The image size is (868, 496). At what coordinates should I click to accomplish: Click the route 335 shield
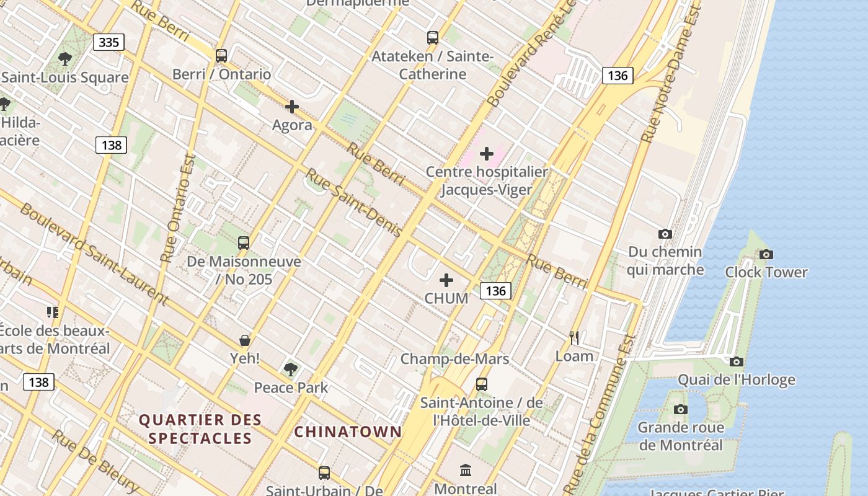point(109,42)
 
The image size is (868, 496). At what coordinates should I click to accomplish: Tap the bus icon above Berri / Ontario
point(221,56)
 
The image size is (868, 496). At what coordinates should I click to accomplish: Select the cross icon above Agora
point(292,107)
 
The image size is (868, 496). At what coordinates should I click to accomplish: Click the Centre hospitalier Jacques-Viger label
point(487,180)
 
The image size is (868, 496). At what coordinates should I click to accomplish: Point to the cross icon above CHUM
point(446,280)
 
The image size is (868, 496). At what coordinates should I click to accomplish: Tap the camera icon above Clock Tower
point(766,254)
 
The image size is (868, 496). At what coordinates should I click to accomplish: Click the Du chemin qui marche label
point(665,260)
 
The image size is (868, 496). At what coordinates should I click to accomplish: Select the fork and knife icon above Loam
point(574,338)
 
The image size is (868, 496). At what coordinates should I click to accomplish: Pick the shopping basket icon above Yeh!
point(245,340)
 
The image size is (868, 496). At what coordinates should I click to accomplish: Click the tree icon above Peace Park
point(290,370)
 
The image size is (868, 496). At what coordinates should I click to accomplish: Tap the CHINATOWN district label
point(348,432)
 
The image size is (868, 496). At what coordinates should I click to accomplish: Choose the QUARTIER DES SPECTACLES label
point(200,429)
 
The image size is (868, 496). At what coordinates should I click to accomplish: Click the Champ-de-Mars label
point(454,358)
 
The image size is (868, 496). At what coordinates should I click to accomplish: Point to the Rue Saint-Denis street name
point(354,202)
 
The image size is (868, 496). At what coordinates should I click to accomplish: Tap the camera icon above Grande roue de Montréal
point(681,409)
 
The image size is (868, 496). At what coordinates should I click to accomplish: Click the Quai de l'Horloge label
point(736,379)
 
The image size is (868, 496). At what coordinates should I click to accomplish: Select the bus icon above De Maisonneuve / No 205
point(244,243)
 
